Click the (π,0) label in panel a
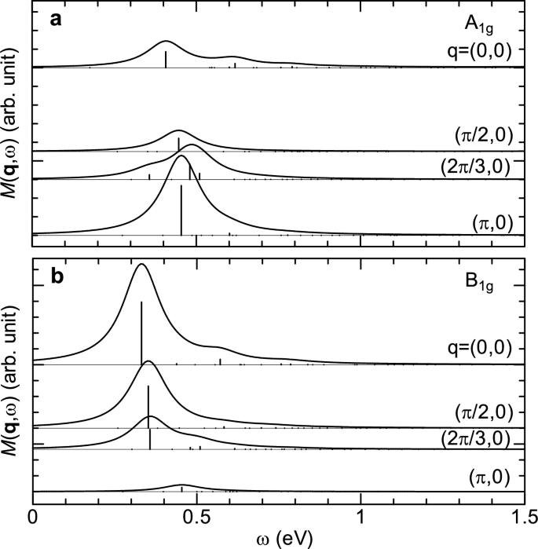click(x=492, y=222)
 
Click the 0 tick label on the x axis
click(x=32, y=518)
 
